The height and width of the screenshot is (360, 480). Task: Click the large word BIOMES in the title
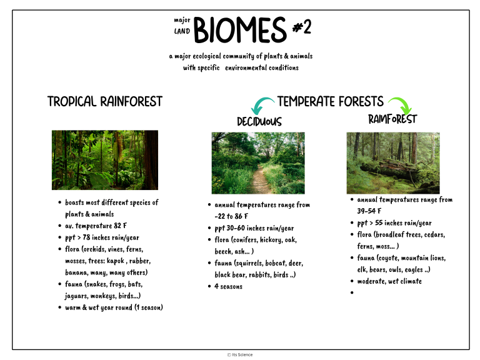click(x=240, y=30)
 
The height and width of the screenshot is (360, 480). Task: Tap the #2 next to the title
click(x=302, y=27)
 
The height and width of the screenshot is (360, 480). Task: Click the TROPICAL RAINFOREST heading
click(x=104, y=101)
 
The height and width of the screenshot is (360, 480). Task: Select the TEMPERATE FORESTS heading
click(x=330, y=101)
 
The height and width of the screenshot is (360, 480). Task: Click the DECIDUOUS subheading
click(x=259, y=121)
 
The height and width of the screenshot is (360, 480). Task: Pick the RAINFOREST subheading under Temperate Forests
click(x=392, y=119)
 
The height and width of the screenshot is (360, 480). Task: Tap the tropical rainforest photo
click(x=104, y=160)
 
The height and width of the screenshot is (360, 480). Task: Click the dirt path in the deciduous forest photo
click(x=259, y=181)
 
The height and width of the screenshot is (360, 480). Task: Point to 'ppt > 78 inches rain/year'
click(x=102, y=237)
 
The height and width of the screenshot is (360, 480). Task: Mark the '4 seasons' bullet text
click(x=228, y=286)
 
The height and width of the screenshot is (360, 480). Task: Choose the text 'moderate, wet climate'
click(x=389, y=281)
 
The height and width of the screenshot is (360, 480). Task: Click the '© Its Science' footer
click(x=240, y=354)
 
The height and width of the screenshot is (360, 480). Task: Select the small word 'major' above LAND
click(x=182, y=20)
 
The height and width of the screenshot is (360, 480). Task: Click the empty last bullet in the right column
click(x=352, y=292)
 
